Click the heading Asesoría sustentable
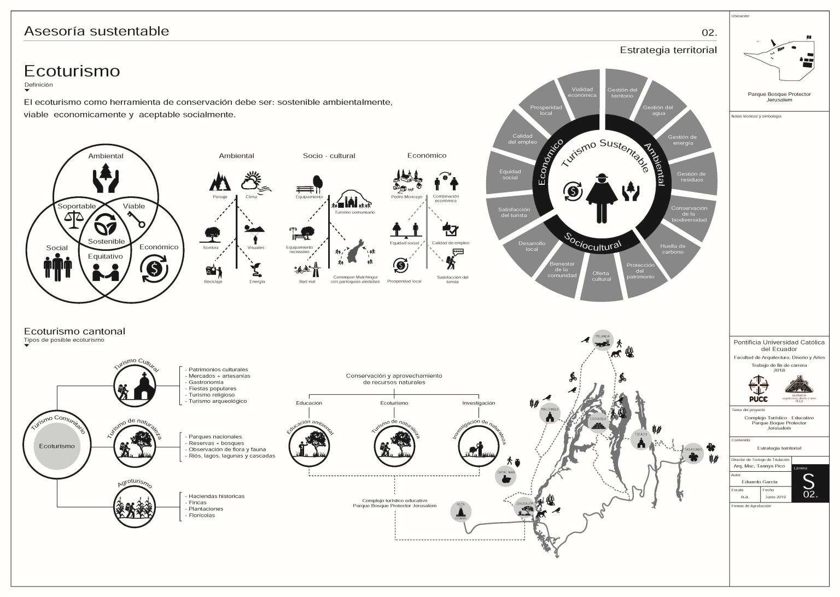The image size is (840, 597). click(96, 31)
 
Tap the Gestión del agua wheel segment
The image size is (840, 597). click(658, 110)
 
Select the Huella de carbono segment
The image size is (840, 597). click(672, 249)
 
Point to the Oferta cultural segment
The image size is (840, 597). click(601, 276)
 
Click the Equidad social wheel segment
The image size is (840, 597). click(510, 174)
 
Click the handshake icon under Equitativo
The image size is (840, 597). click(106, 271)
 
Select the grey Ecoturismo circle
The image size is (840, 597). click(57, 446)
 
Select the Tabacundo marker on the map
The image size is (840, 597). click(693, 452)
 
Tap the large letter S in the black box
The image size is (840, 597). click(808, 482)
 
